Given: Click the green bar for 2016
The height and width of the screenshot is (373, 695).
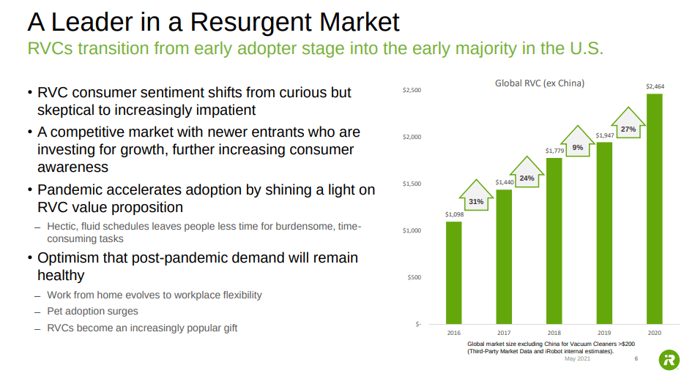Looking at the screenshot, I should click(454, 272).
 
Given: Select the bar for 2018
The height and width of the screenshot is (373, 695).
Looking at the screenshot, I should click(554, 241).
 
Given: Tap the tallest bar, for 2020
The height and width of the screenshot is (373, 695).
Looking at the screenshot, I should click(654, 208).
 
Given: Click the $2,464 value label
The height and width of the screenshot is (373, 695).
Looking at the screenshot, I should click(654, 86).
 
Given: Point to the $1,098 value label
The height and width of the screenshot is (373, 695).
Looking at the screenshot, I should click(454, 214).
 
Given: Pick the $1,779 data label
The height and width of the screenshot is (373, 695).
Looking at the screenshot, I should click(554, 151).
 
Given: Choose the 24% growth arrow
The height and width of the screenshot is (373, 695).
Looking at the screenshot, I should click(527, 176).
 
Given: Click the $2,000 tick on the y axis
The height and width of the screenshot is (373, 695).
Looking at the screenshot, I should click(412, 137).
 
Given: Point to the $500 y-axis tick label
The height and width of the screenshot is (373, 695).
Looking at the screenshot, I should click(415, 277).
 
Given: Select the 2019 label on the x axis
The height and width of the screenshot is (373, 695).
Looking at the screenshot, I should click(604, 333).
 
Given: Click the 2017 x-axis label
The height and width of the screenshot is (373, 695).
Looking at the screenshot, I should click(504, 333).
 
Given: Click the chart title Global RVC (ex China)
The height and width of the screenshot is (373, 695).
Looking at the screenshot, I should click(540, 83).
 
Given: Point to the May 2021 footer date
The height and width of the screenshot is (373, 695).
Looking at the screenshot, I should click(577, 358).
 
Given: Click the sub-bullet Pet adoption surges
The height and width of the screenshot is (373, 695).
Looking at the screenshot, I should click(92, 312).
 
